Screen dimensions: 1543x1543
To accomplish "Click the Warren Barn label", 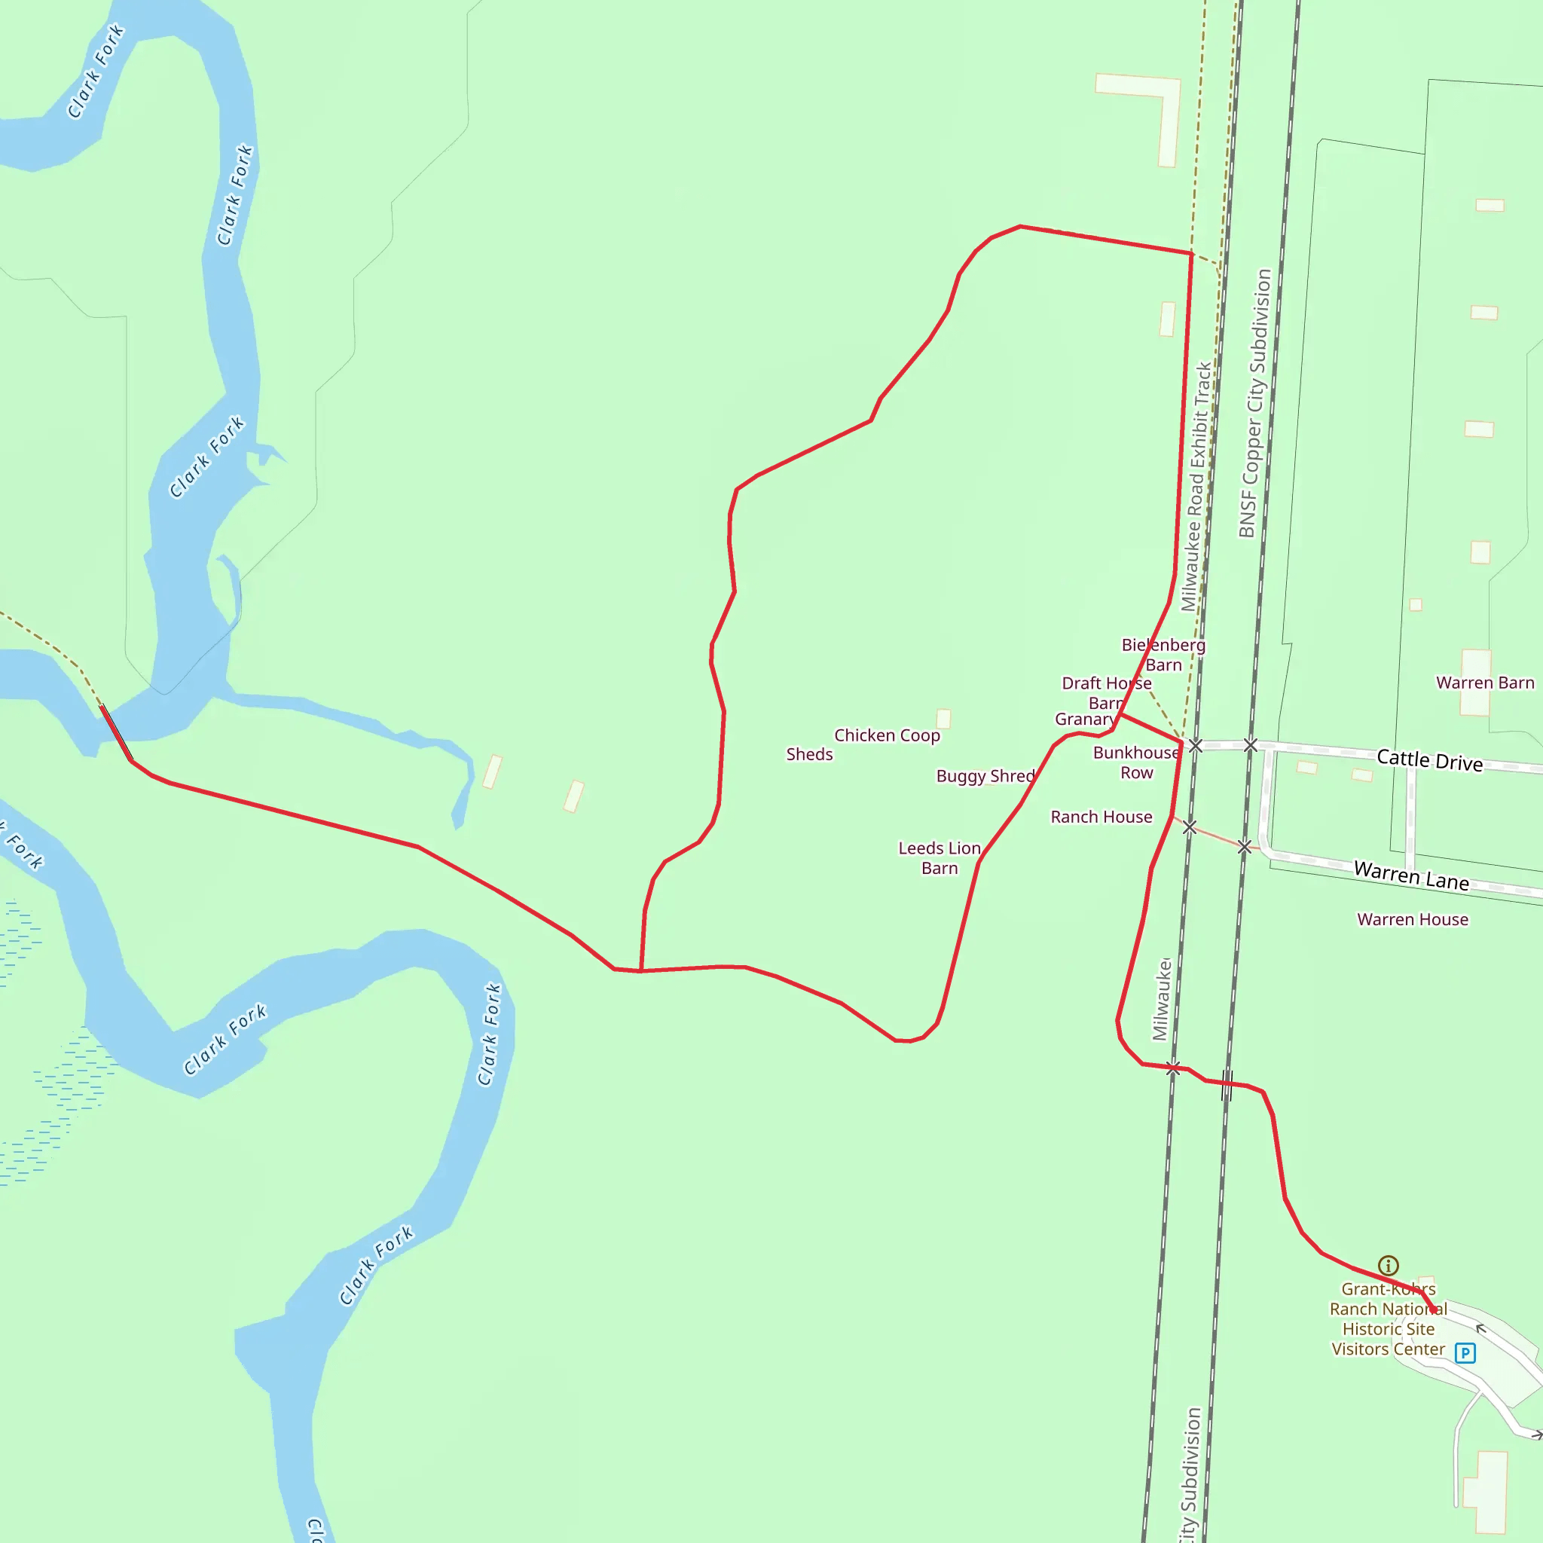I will point(1485,683).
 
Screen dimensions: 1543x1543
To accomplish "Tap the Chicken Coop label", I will point(887,735).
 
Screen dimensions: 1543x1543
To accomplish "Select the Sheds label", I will point(809,755).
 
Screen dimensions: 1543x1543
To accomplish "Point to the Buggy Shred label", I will point(985,776).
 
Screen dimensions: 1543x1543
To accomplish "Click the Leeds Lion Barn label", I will point(940,857).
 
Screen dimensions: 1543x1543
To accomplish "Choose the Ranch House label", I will point(1101,817).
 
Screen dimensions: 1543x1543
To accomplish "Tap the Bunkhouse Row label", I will point(1135,762).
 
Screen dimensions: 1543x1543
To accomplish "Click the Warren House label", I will point(1412,919).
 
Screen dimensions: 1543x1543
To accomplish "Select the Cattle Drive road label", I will point(1429,760).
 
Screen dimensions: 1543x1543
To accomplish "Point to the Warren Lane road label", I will point(1411,876).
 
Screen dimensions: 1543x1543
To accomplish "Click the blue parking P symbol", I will point(1465,1353).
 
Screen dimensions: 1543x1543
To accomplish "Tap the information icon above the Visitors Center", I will point(1388,1265).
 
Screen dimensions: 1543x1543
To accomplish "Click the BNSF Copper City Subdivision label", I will point(1254,403).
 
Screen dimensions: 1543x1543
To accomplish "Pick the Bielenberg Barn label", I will point(1163,655).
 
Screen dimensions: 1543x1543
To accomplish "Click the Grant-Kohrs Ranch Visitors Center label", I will point(1388,1319).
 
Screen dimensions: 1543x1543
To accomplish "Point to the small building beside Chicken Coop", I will point(943,719).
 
